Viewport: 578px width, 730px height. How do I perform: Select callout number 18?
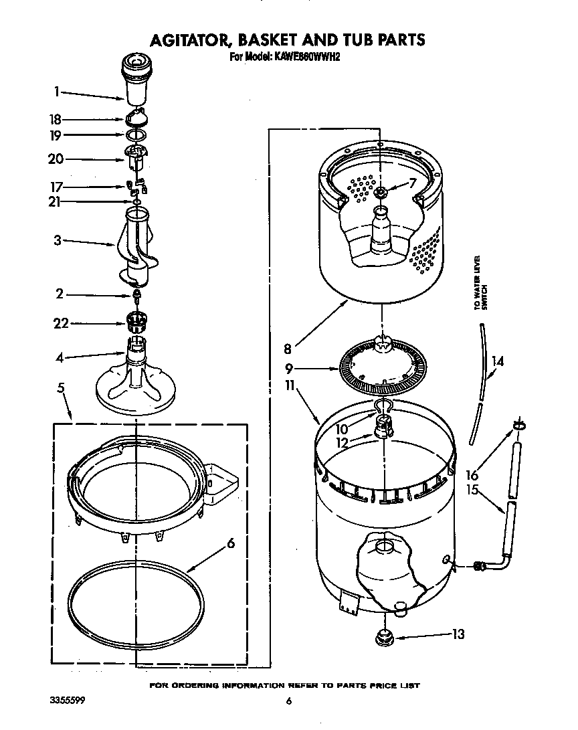[56, 120]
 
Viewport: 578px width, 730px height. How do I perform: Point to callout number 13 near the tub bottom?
[458, 634]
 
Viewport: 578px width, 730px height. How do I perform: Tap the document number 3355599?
[67, 701]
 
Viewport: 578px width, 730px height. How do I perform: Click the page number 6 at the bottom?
[289, 701]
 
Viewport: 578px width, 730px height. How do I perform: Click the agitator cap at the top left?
[137, 76]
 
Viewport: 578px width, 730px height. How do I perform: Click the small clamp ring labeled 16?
[519, 426]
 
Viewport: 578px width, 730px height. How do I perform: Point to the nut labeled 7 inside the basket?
[381, 193]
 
